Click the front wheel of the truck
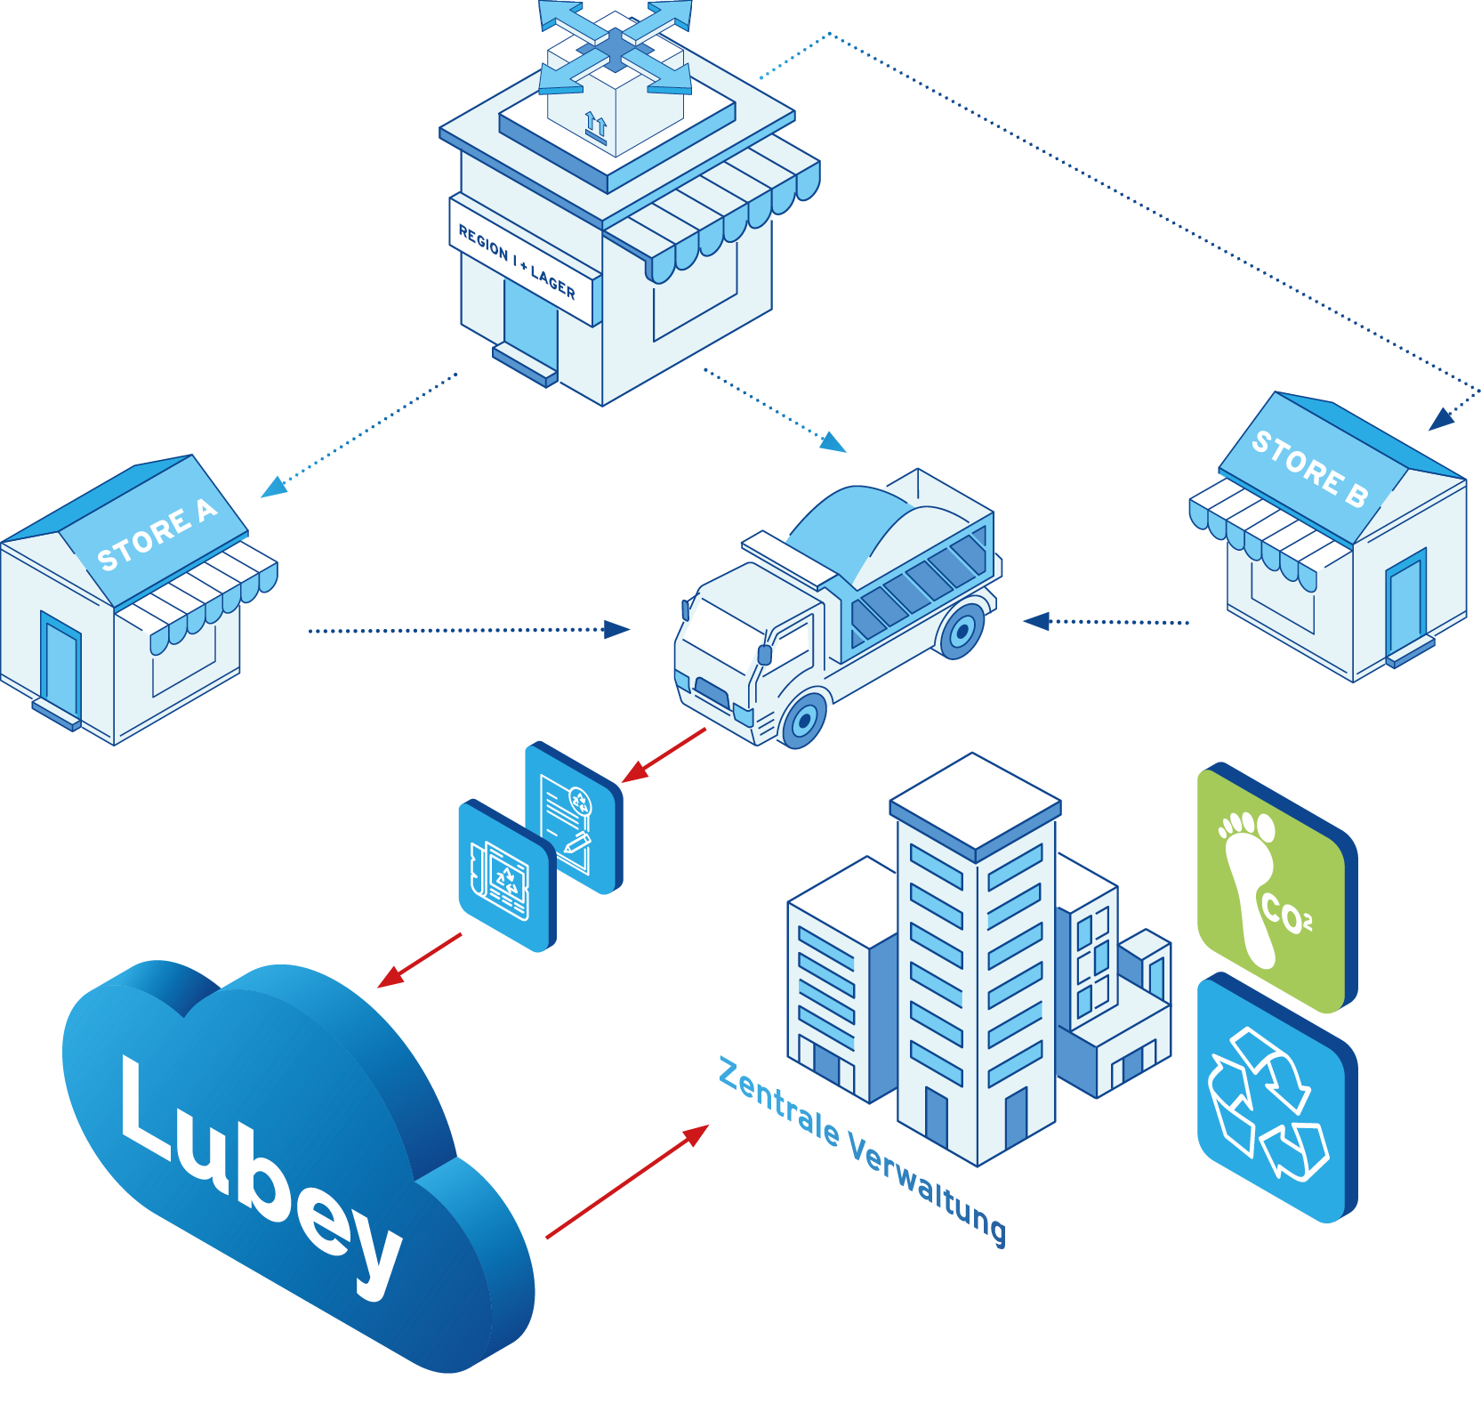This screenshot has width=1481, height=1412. point(805,721)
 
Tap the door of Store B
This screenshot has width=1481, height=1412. point(1405,605)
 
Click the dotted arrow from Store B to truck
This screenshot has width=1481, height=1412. point(1107,622)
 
